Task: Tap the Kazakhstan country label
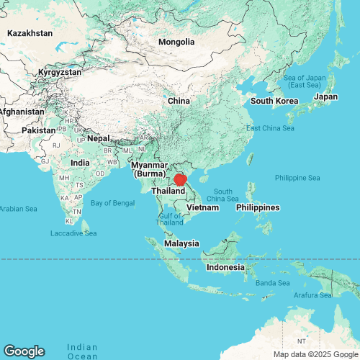point(30,33)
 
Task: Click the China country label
point(179,101)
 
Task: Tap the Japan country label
point(326,96)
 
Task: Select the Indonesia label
point(225,267)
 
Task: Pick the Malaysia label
point(181,243)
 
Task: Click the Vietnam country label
point(202,207)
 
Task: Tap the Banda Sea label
point(274,283)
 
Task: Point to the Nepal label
point(98,138)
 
